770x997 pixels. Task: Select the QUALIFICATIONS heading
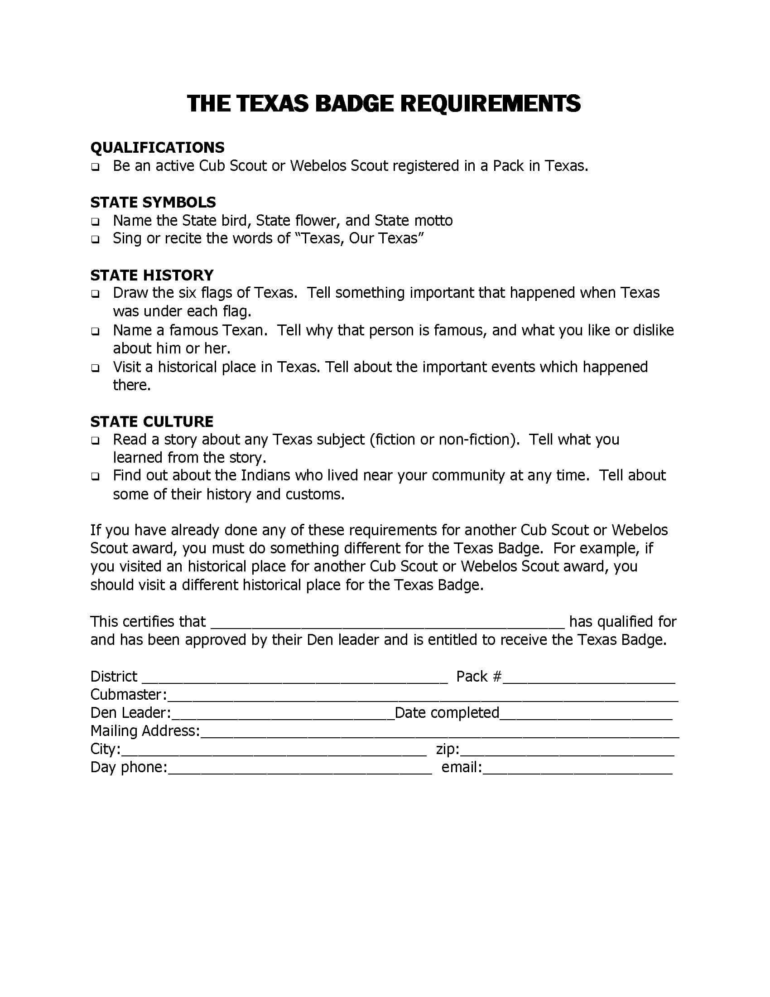coord(157,147)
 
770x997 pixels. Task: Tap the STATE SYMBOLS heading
coord(153,202)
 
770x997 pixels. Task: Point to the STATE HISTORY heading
coord(152,275)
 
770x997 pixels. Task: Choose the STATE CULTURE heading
coord(152,421)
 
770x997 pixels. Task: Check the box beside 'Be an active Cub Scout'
coord(95,167)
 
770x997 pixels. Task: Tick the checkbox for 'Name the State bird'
coord(95,222)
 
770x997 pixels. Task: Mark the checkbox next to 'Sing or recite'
coord(95,240)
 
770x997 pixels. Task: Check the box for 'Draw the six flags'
coord(95,294)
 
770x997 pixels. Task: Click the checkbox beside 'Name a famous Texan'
coord(95,331)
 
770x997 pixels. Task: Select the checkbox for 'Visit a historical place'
coord(95,368)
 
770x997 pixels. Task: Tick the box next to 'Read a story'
coord(95,441)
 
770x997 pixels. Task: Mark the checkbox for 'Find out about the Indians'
coord(95,477)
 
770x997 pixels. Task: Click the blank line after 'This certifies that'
coord(388,624)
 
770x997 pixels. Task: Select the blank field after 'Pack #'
coord(588,678)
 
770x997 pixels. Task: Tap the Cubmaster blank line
coord(423,697)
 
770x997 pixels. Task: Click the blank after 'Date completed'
coord(586,715)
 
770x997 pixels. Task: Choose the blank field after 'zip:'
coord(567,751)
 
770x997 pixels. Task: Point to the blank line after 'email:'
coord(577,770)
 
